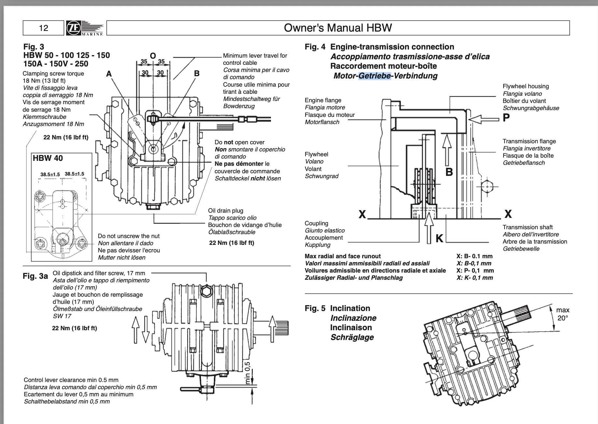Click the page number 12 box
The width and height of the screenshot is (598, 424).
click(43, 28)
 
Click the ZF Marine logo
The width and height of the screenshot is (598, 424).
click(85, 28)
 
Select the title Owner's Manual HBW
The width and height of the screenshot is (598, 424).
click(338, 28)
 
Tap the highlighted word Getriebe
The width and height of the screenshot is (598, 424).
click(374, 76)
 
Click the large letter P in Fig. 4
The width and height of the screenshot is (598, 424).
click(506, 118)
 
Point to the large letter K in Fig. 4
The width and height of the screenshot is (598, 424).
click(439, 239)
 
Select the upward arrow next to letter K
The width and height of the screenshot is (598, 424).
click(430, 227)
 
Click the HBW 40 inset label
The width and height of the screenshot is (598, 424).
click(48, 158)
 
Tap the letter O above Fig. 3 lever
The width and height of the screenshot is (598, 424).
click(152, 56)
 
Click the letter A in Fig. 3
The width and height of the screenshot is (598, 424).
click(109, 74)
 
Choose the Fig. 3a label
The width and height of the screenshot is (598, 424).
click(35, 276)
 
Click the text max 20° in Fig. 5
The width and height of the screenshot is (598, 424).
click(562, 314)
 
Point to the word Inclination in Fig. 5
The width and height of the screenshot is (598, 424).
click(350, 308)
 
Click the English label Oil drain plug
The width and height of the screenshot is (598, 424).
click(226, 211)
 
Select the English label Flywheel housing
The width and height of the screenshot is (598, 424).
click(526, 86)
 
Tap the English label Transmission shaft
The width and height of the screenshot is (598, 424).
click(527, 227)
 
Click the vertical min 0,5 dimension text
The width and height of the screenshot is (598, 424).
click(248, 373)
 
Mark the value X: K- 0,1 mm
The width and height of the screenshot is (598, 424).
click(475, 278)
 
